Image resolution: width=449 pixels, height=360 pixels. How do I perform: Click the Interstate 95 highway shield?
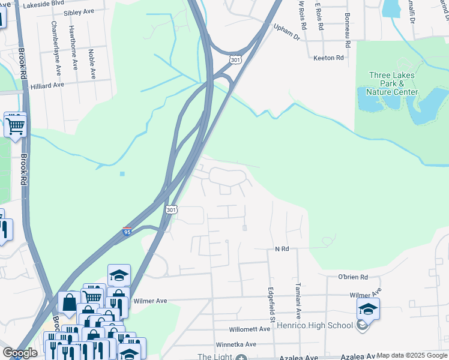coord(127,231)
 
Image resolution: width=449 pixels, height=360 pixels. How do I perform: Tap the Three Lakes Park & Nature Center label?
coord(393,83)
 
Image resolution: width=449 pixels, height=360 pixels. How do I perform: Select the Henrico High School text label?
coord(315,326)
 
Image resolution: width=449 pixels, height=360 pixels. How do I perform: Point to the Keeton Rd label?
coord(328,58)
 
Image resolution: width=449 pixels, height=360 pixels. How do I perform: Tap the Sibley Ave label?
coord(79,12)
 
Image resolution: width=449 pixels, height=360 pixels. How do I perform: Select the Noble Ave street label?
coord(92,64)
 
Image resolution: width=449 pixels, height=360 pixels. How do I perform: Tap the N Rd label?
coord(282,248)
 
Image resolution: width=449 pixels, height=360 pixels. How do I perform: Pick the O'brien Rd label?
coord(352,277)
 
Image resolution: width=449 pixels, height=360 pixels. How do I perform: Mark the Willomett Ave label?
coord(250,329)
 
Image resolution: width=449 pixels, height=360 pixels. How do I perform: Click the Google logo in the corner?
coord(19,353)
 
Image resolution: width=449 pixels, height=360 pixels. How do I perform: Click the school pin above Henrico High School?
coord(368,309)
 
